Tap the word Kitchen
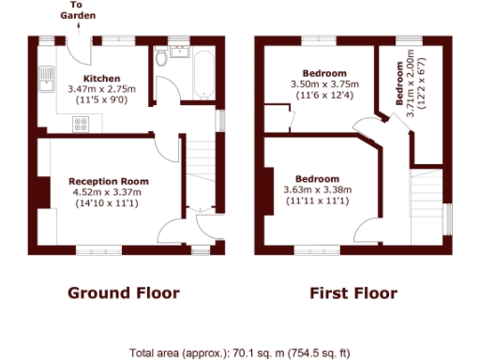(x=100, y=78)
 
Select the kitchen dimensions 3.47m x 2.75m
(x=100, y=88)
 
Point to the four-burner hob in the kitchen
(x=80, y=122)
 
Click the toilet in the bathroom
(x=164, y=58)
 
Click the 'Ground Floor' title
(x=123, y=292)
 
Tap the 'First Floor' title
(x=353, y=292)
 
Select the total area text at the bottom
(x=239, y=352)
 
